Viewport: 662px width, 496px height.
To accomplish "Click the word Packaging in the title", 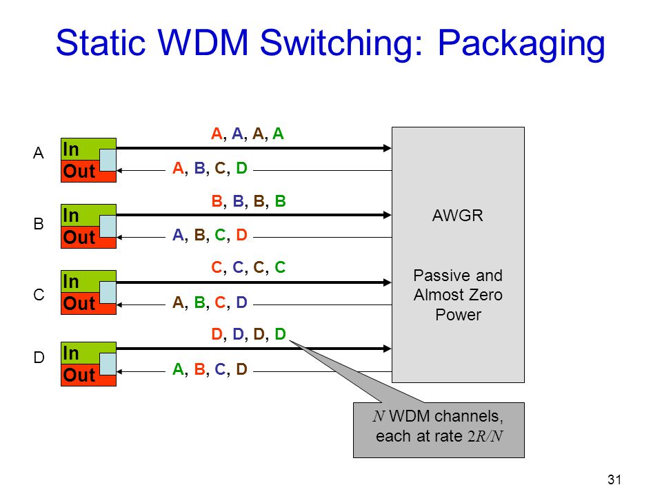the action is coord(521,44).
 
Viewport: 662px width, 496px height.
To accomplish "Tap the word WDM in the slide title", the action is coord(203,42).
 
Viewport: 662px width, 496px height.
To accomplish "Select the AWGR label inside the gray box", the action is coord(457,216).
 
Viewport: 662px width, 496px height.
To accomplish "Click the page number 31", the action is coord(614,479).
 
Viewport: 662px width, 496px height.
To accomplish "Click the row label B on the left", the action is coord(39,223).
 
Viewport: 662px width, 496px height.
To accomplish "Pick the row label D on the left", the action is coord(39,358).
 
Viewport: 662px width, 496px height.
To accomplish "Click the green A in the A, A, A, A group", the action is coord(278,134).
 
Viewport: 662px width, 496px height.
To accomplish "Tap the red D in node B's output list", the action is coord(241,234).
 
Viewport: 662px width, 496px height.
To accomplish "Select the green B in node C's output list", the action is coord(200,302).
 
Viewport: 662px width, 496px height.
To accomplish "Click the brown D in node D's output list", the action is coord(241,369).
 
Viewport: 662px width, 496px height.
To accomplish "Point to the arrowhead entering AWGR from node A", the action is coord(387,148).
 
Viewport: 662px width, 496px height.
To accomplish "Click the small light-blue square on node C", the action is coord(108,292).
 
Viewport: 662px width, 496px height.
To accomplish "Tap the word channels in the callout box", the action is coord(469,416).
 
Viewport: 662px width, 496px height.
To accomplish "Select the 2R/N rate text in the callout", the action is coord(485,436).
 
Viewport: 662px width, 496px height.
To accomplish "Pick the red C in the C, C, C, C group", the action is coord(217,267).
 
